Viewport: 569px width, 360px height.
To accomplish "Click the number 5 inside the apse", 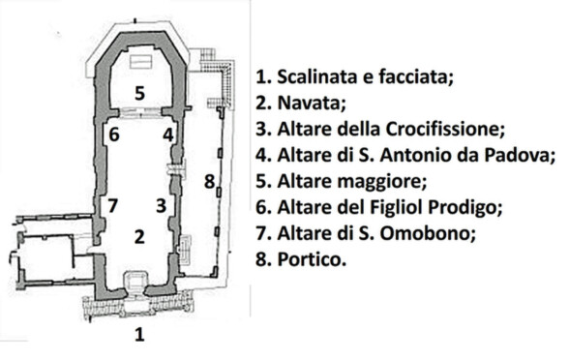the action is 139,93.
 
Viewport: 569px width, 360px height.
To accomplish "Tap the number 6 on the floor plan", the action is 114,135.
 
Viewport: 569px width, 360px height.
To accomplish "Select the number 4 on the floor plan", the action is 168,135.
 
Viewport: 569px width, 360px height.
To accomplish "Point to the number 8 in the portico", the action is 209,182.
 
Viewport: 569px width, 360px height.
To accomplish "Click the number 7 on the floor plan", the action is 113,206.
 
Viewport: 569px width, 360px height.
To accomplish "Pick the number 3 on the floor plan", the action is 161,206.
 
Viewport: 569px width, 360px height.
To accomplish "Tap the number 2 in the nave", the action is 139,236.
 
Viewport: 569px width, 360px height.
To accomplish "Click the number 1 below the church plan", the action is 139,334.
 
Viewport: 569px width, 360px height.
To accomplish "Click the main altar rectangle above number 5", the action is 140,61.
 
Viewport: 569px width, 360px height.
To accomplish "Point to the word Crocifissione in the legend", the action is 445,129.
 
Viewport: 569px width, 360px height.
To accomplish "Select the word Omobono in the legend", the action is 427,233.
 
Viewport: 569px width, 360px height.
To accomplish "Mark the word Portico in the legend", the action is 312,259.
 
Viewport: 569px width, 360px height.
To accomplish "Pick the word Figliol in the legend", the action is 395,207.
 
